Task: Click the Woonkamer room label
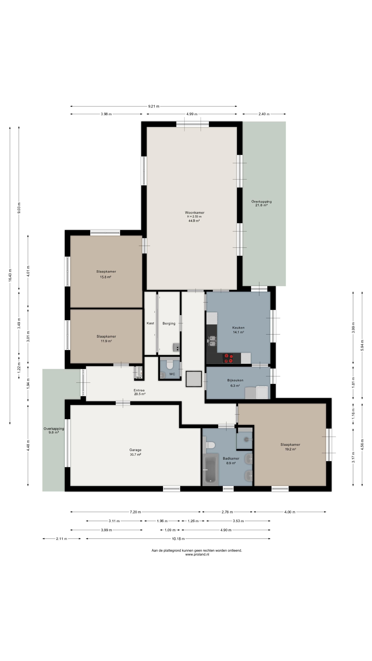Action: [x=195, y=212]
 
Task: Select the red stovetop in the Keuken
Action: [x=228, y=358]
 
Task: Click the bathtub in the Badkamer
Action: [x=210, y=469]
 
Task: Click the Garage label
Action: [x=135, y=450]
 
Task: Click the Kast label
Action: [x=151, y=323]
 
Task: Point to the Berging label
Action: [x=169, y=323]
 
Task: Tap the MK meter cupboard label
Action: [x=139, y=378]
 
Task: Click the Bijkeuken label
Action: [x=235, y=380]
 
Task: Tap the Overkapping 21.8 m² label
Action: [x=261, y=203]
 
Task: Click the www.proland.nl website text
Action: [x=197, y=554]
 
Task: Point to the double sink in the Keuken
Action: [x=212, y=341]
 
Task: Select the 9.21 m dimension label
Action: [x=153, y=106]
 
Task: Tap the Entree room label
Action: [x=139, y=390]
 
